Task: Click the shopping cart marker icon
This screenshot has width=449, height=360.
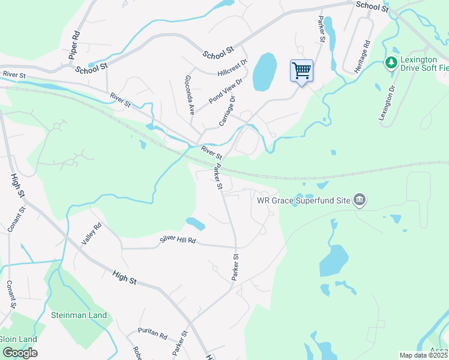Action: point(301,71)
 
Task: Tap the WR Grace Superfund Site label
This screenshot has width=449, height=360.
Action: point(303,200)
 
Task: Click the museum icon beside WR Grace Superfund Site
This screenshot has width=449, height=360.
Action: point(359,200)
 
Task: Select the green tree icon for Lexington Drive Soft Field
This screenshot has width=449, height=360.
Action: point(391,62)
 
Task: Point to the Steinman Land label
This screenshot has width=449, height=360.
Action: point(79,315)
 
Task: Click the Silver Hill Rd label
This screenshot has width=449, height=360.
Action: point(178,240)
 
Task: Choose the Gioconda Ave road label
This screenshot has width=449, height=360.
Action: point(190,95)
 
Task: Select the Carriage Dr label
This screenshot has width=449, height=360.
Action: point(226,111)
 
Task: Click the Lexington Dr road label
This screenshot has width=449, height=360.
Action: point(388,103)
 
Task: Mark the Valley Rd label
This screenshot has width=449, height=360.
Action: point(91,235)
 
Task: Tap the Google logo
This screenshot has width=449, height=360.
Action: point(19,352)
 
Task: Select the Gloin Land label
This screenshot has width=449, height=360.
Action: point(18,339)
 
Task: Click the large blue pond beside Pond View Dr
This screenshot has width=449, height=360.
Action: point(265,71)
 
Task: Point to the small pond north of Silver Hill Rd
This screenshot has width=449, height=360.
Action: point(195,224)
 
